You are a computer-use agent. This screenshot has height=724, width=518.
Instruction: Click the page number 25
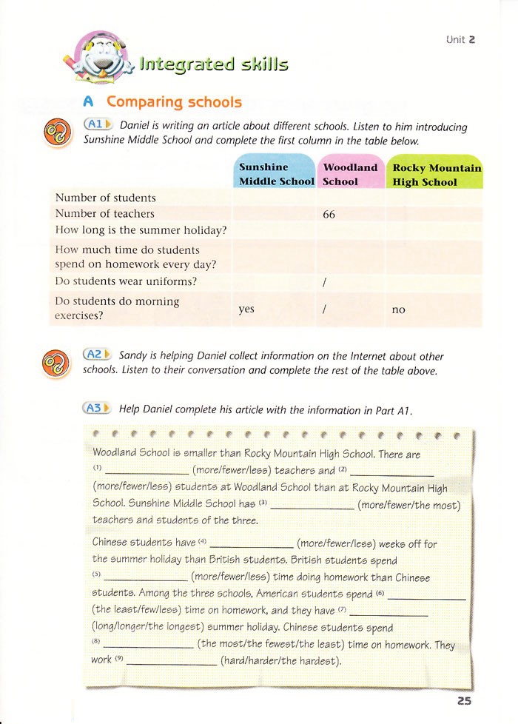click(464, 700)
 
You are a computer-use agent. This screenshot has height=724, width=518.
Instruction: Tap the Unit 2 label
click(460, 39)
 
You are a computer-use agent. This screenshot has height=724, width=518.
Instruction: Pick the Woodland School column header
click(351, 174)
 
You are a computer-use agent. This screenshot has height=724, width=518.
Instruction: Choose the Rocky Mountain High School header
click(436, 174)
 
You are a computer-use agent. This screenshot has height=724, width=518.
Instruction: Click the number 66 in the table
click(331, 214)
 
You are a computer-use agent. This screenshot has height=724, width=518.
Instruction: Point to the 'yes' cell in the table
click(246, 309)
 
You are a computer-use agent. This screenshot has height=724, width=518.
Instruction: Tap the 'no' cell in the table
click(398, 310)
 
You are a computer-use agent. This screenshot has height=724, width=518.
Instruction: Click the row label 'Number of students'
click(106, 198)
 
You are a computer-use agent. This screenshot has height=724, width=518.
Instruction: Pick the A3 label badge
click(97, 407)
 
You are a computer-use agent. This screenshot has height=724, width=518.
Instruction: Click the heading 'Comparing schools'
click(174, 101)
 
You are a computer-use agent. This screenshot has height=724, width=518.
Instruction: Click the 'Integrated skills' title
click(213, 64)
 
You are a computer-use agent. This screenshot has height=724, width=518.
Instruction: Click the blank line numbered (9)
click(172, 662)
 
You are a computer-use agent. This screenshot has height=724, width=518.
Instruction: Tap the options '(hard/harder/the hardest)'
click(280, 660)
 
